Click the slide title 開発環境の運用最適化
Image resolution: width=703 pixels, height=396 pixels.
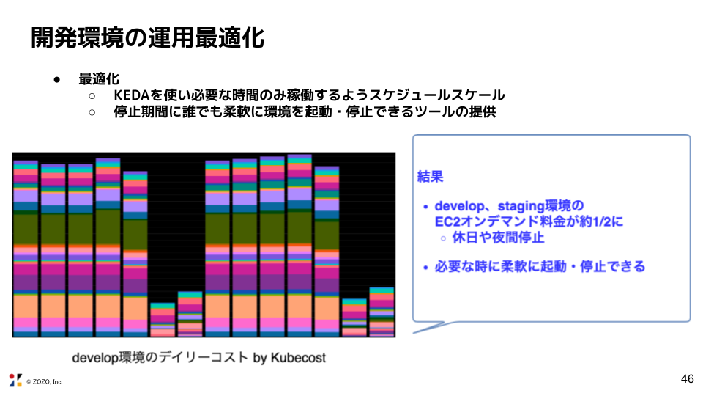[x=147, y=38]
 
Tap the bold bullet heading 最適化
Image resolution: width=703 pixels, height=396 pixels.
[x=99, y=78]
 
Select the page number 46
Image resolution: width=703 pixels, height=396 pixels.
[x=687, y=378]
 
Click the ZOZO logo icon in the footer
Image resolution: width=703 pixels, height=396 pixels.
[x=15, y=380]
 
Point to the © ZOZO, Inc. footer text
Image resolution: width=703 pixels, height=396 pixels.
[x=45, y=381]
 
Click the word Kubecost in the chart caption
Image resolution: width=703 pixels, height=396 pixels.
[x=297, y=358]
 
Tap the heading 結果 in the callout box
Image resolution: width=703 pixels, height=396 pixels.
[x=430, y=177]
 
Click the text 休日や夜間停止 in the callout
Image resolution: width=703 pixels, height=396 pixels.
[x=498, y=238]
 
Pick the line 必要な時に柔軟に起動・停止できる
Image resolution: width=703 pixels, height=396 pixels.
[x=540, y=266]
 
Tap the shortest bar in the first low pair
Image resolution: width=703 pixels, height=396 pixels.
[x=163, y=319]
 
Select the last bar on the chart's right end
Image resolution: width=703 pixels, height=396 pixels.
[x=382, y=312]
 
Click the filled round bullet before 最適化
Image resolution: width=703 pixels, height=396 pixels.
[x=56, y=79]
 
